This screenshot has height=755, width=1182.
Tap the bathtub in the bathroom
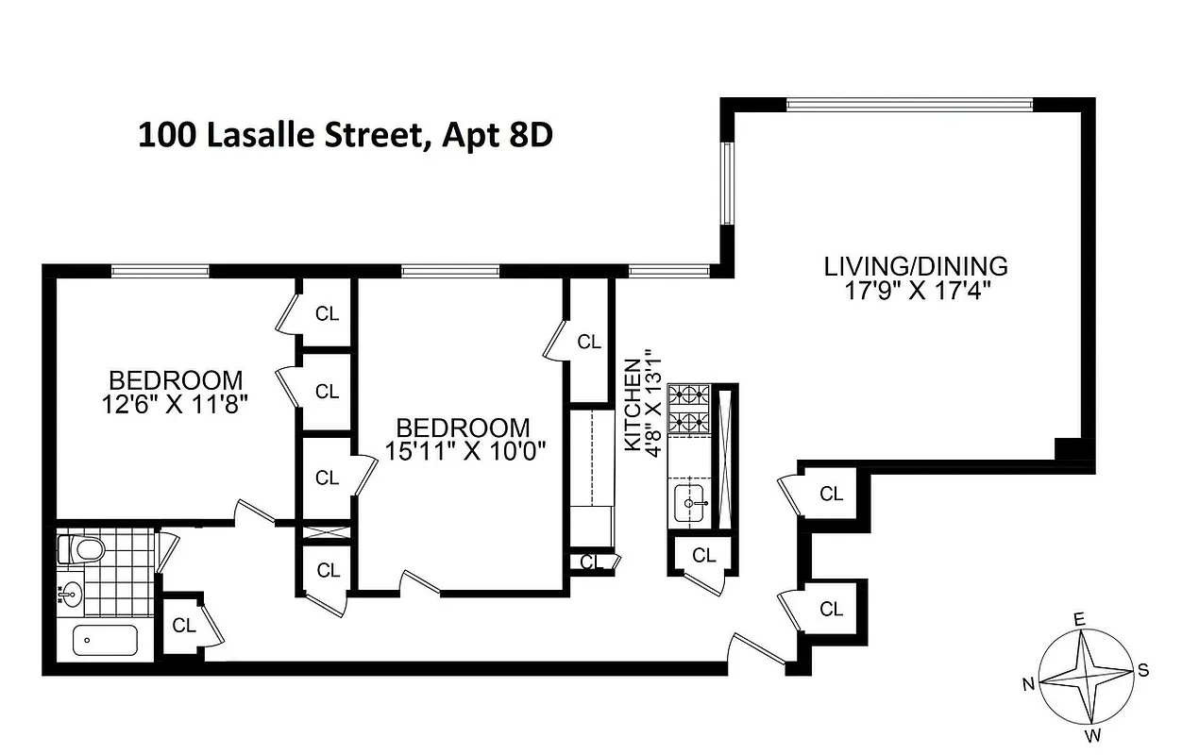click(x=105, y=640)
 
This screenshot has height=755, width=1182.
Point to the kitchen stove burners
click(x=688, y=408)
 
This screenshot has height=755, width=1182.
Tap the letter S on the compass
click(x=1142, y=671)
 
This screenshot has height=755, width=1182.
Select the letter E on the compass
click(x=1079, y=619)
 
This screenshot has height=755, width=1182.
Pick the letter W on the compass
click(x=1094, y=735)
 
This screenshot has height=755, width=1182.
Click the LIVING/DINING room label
click(x=916, y=266)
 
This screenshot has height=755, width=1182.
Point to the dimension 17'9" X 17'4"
click(x=916, y=290)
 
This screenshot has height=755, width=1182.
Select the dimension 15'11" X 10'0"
click(x=462, y=450)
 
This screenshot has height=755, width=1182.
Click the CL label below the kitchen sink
click(x=704, y=556)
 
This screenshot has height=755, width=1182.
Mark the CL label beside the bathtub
click(x=183, y=625)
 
